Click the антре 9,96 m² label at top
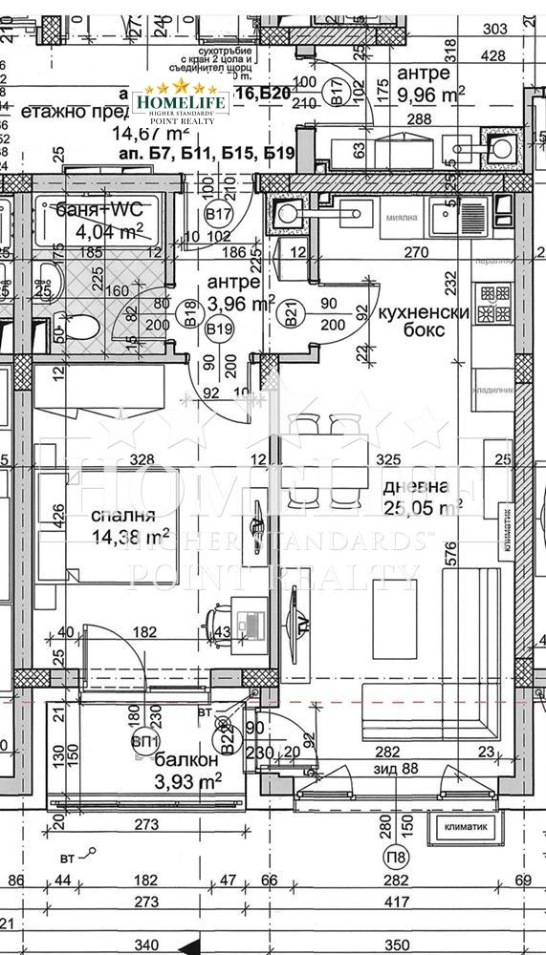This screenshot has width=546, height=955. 431,83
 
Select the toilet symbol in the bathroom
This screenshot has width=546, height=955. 85,330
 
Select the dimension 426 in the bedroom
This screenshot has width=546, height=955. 58,522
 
